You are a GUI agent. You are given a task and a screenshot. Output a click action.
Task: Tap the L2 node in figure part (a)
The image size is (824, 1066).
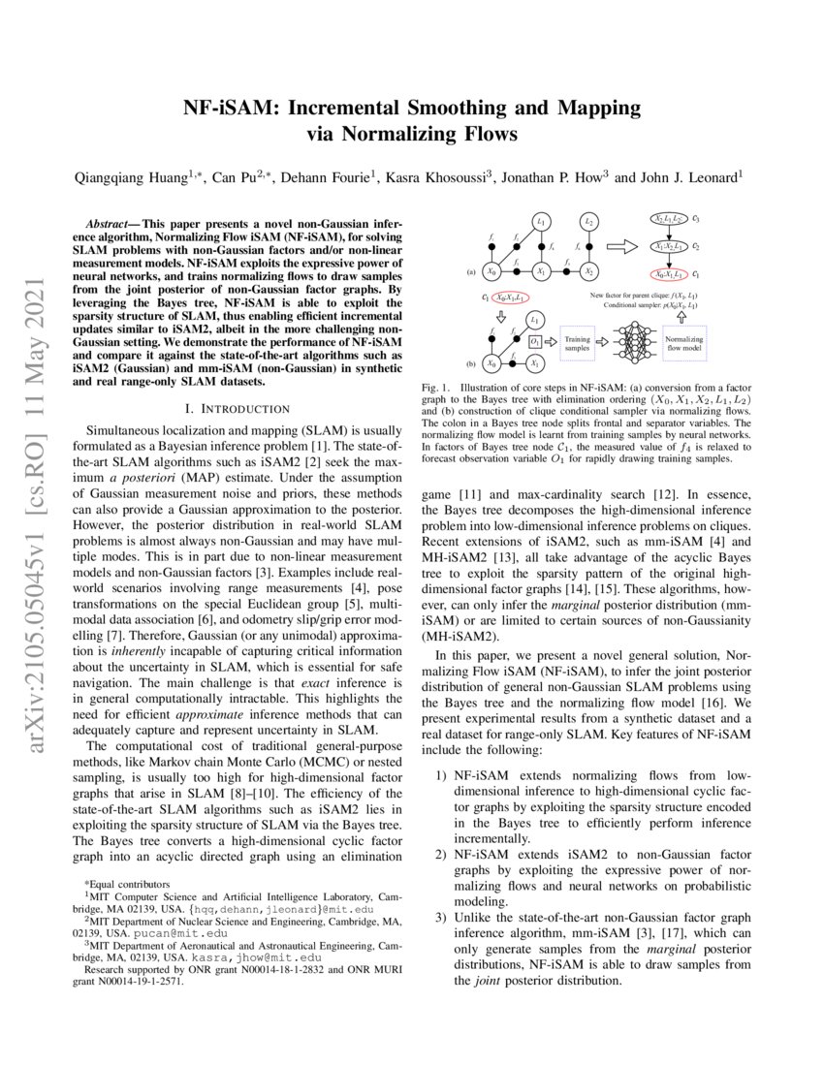coord(587,222)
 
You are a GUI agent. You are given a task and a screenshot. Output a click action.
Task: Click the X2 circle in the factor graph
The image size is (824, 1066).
coord(587,272)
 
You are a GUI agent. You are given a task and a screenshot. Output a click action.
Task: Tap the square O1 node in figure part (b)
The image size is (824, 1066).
coord(535,340)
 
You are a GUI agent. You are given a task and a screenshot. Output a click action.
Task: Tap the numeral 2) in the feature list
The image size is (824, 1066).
coord(440,854)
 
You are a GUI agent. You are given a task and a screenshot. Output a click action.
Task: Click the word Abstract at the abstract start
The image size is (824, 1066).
coord(106,223)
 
